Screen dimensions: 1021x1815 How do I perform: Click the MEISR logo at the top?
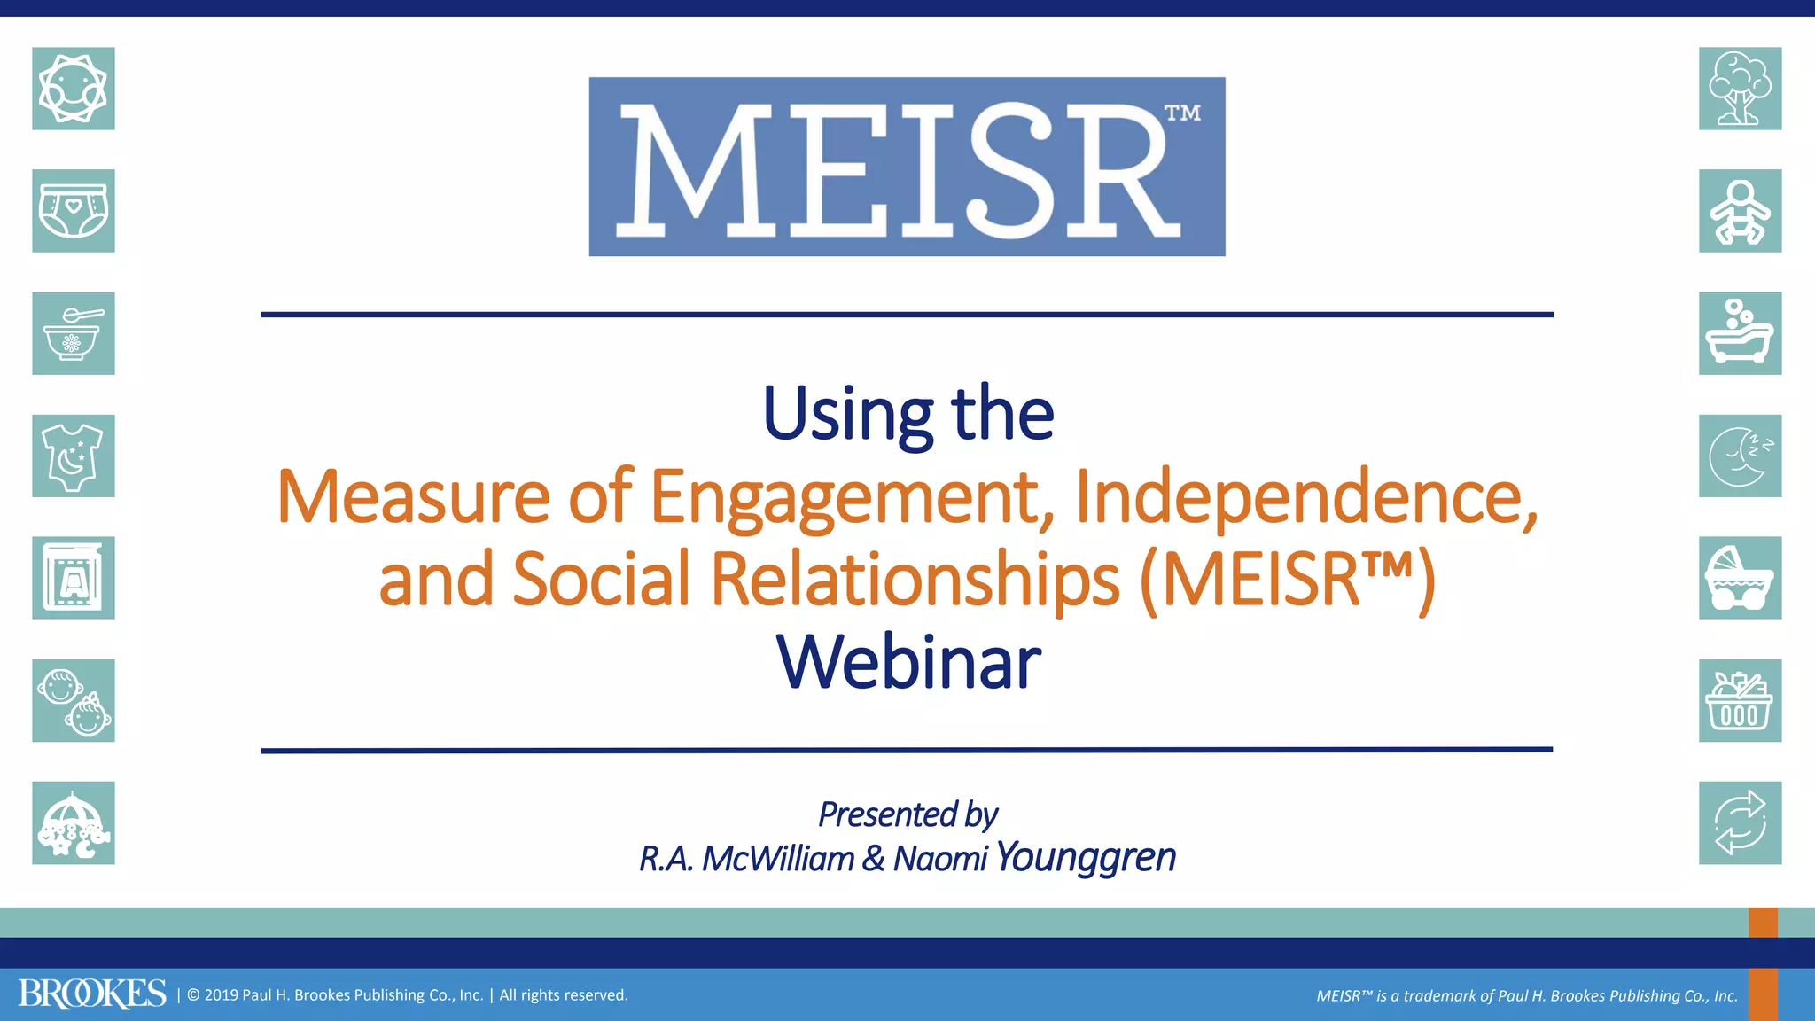pyautogui.click(x=907, y=167)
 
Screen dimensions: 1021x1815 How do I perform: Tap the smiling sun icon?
pyautogui.click(x=74, y=89)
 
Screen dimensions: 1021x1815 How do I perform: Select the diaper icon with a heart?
pyautogui.click(x=74, y=211)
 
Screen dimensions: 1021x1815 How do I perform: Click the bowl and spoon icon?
pyautogui.click(x=74, y=333)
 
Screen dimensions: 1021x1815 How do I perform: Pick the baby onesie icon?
pyautogui.click(x=74, y=456)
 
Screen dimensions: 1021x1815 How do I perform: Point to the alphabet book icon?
pyautogui.click(x=74, y=578)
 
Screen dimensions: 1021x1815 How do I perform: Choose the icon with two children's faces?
pyautogui.click(x=74, y=700)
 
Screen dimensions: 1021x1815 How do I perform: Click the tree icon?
pyautogui.click(x=1740, y=89)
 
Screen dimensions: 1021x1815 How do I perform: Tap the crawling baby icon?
pyautogui.click(x=1740, y=211)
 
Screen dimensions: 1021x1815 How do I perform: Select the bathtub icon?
pyautogui.click(x=1740, y=333)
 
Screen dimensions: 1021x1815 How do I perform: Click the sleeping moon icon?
pyautogui.click(x=1740, y=456)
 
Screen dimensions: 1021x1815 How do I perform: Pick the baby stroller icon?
pyautogui.click(x=1740, y=578)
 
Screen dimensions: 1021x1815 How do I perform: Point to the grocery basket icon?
pyautogui.click(x=1740, y=700)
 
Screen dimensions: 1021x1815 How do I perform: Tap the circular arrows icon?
pyautogui.click(x=1740, y=822)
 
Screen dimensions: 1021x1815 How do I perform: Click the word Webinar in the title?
pyautogui.click(x=908, y=662)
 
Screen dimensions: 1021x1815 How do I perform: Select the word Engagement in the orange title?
pyautogui.click(x=845, y=497)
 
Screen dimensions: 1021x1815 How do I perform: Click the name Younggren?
pyautogui.click(x=1086, y=857)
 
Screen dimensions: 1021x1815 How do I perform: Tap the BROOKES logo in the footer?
pyautogui.click(x=92, y=994)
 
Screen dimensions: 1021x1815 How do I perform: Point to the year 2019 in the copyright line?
pyautogui.click(x=222, y=995)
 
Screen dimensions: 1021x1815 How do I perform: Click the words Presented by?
pyautogui.click(x=907, y=814)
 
